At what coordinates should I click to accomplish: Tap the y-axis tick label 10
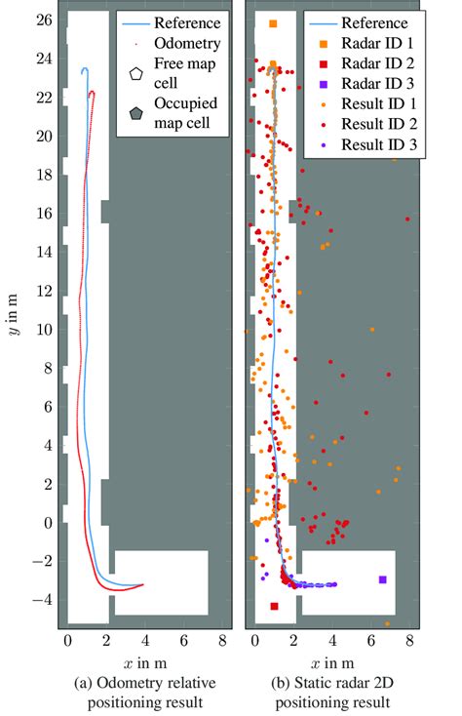43,330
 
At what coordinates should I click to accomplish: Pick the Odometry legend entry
181,44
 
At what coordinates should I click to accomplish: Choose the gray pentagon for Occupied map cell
135,113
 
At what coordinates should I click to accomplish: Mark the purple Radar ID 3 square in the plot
383,579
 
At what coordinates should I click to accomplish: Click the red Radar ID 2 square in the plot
274,606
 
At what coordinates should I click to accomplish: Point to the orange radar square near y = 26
273,23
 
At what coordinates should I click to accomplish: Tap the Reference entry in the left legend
184,22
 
